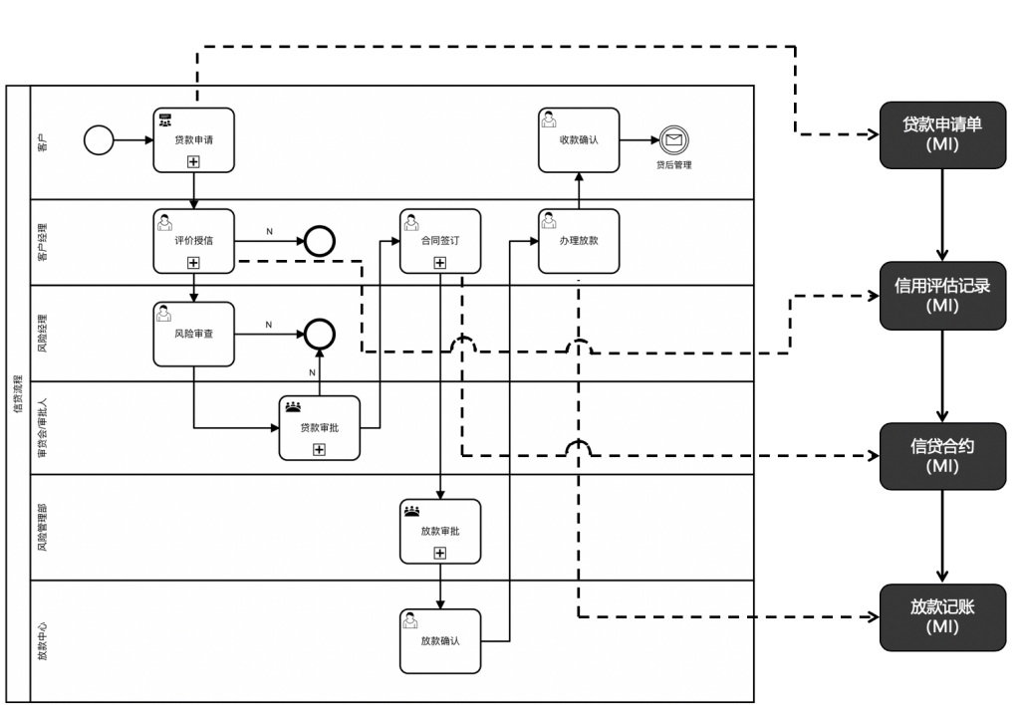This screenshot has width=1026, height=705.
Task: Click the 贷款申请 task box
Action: (x=193, y=139)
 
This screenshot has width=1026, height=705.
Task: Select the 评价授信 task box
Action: (x=193, y=240)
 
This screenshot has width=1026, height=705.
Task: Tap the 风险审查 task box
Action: (x=193, y=334)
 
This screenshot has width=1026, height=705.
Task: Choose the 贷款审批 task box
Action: (x=319, y=427)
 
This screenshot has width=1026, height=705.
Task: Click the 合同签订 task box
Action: (x=439, y=240)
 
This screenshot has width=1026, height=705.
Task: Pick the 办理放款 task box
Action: (x=578, y=240)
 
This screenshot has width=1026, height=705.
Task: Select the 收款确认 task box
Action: (x=578, y=139)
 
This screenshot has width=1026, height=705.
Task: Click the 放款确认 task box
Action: (x=439, y=640)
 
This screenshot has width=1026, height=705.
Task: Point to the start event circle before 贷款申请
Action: (x=100, y=140)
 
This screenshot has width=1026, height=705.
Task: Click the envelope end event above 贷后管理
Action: (x=673, y=140)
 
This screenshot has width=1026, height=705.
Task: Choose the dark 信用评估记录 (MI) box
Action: (x=940, y=296)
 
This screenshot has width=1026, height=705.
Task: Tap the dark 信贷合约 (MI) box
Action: (x=940, y=455)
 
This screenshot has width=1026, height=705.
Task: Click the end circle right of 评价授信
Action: (x=320, y=241)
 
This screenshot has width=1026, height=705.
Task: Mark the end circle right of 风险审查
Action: (x=320, y=334)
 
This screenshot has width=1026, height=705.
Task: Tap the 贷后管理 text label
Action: (x=673, y=165)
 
